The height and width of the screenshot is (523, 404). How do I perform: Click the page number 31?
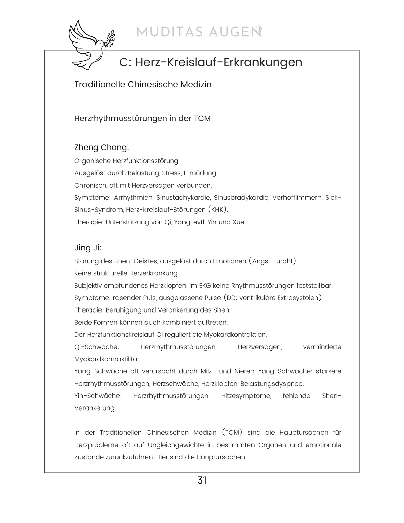coord(202,480)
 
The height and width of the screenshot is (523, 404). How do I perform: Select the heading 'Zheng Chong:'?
coord(101,148)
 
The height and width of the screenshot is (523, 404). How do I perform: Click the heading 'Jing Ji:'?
coord(88,248)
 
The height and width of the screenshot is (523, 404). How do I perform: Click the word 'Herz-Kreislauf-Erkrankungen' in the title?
coord(218,62)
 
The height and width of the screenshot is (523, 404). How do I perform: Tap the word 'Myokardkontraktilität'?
coord(107,359)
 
